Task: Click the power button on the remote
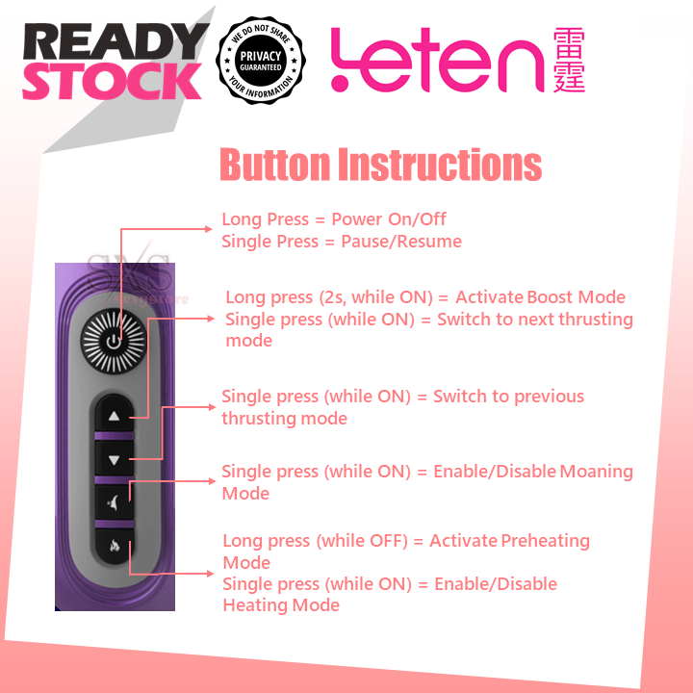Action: (x=114, y=341)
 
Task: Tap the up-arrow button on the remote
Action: (x=114, y=417)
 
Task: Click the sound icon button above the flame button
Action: (x=114, y=500)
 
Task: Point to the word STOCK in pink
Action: (x=112, y=83)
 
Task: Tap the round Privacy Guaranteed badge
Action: (x=261, y=60)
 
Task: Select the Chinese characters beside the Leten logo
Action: (x=569, y=60)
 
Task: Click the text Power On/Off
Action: (x=389, y=219)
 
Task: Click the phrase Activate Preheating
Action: (x=509, y=541)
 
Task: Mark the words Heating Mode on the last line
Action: (x=281, y=605)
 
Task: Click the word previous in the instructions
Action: (x=549, y=397)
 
